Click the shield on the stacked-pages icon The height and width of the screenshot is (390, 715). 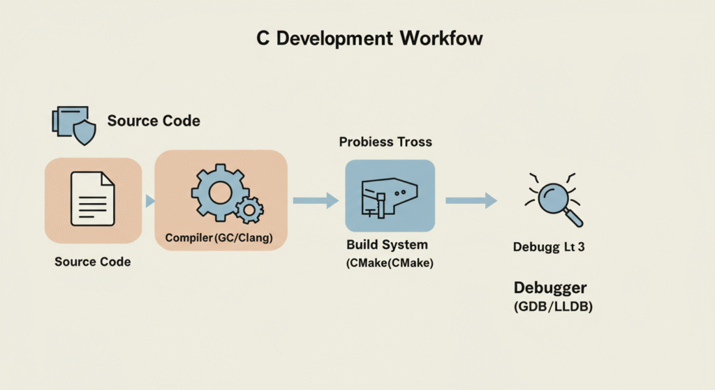coord(84,132)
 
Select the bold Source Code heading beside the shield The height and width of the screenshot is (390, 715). coord(154,121)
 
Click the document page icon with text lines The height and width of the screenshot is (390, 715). coord(93,200)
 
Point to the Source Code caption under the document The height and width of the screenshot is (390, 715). coord(93,262)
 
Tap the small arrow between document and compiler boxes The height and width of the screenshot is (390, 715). coord(149,201)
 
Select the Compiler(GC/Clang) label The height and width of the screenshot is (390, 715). coord(219,239)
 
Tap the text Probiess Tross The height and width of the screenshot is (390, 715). coord(385,142)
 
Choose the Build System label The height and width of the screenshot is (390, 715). coord(387,246)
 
